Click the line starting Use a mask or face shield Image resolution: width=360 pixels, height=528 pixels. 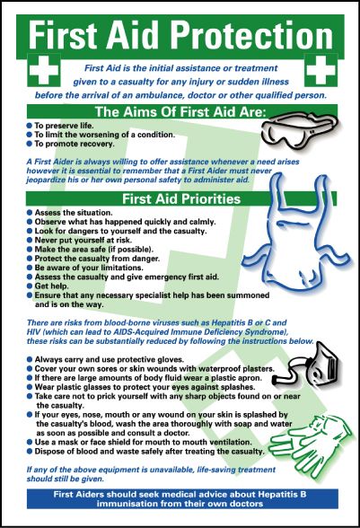[x=153, y=442]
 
